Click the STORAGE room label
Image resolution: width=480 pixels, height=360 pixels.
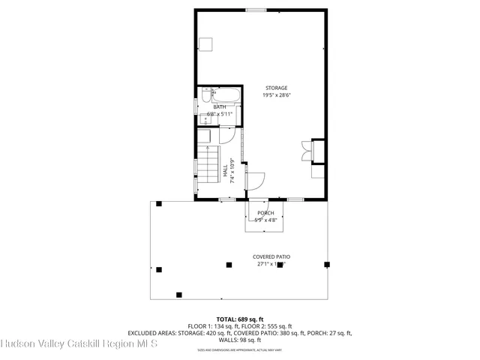(276, 88)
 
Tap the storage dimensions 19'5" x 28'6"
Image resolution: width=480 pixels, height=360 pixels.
(276, 95)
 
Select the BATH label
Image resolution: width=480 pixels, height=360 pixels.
(220, 107)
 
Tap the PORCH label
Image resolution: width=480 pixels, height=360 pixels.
(265, 214)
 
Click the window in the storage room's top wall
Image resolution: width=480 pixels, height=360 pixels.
(256, 10)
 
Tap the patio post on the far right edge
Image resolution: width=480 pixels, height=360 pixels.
(326, 264)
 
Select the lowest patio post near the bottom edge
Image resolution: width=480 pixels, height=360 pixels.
(178, 294)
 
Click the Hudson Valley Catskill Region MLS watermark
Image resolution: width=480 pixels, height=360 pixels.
(79, 344)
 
